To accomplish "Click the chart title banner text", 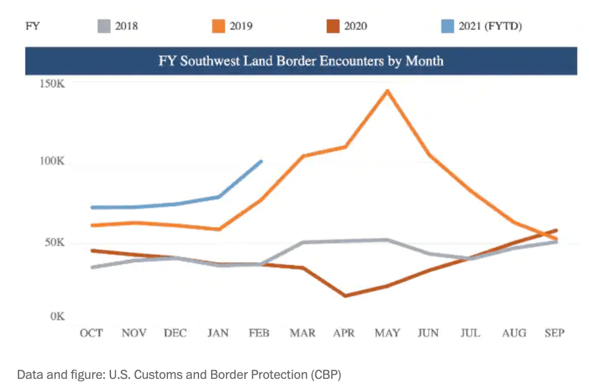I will point(301,60).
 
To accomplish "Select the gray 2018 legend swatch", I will point(103,26).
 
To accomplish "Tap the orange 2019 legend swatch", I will point(218,26).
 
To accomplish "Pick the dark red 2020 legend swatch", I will point(333,26).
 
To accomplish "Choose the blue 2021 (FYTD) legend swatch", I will point(448,26).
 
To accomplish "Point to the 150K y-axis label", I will point(52,85).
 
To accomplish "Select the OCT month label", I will point(91,333).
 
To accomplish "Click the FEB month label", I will point(261,333).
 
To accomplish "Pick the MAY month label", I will point(387,333).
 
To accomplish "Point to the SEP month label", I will point(555,333).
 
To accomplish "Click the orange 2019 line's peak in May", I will point(388,90).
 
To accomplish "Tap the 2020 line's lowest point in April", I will point(345,296).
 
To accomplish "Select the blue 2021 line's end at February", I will point(262,161).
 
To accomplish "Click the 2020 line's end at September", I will point(556,231).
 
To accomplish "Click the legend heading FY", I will point(33,26).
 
